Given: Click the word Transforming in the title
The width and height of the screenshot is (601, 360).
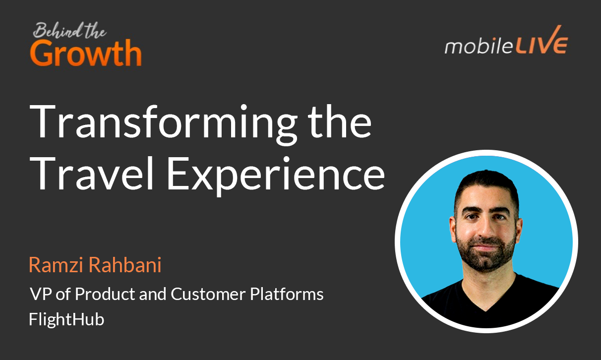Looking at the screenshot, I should click(161, 122).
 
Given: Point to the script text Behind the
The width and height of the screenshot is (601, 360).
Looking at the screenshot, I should click(69, 31).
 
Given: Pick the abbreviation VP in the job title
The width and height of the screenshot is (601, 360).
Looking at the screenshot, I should click(40, 294).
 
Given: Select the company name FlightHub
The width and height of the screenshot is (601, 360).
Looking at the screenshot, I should click(66, 319).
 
